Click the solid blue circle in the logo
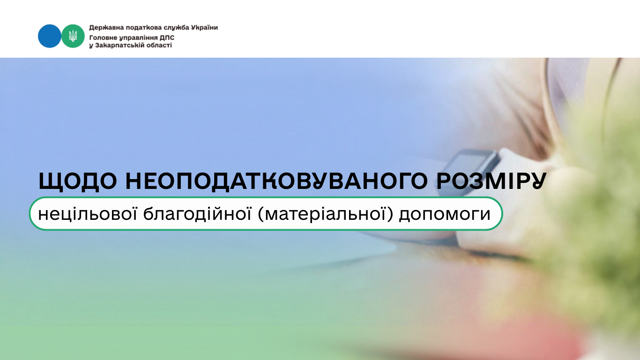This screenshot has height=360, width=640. pos(49,36)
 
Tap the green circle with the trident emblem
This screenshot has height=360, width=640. pos(73,36)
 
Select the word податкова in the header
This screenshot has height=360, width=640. pos(144,28)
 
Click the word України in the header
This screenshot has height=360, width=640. pos(204,28)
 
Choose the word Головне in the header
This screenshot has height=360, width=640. pos(103,38)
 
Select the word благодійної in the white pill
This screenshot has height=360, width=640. pos(197,214)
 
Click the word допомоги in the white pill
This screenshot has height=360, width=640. pos(445,215)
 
